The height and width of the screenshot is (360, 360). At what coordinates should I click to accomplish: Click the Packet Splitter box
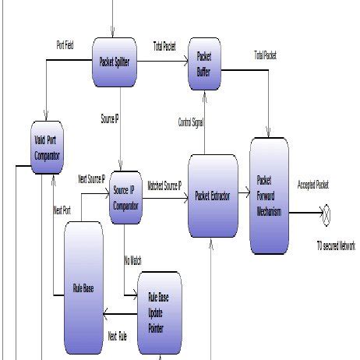[115, 62]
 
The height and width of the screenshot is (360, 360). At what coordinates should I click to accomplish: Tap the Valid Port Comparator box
[48, 146]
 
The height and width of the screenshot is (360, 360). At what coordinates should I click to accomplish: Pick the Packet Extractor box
[213, 196]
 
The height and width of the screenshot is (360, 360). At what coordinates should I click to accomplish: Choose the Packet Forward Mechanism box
[269, 196]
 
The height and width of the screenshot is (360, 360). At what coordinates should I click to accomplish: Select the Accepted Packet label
[312, 185]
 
